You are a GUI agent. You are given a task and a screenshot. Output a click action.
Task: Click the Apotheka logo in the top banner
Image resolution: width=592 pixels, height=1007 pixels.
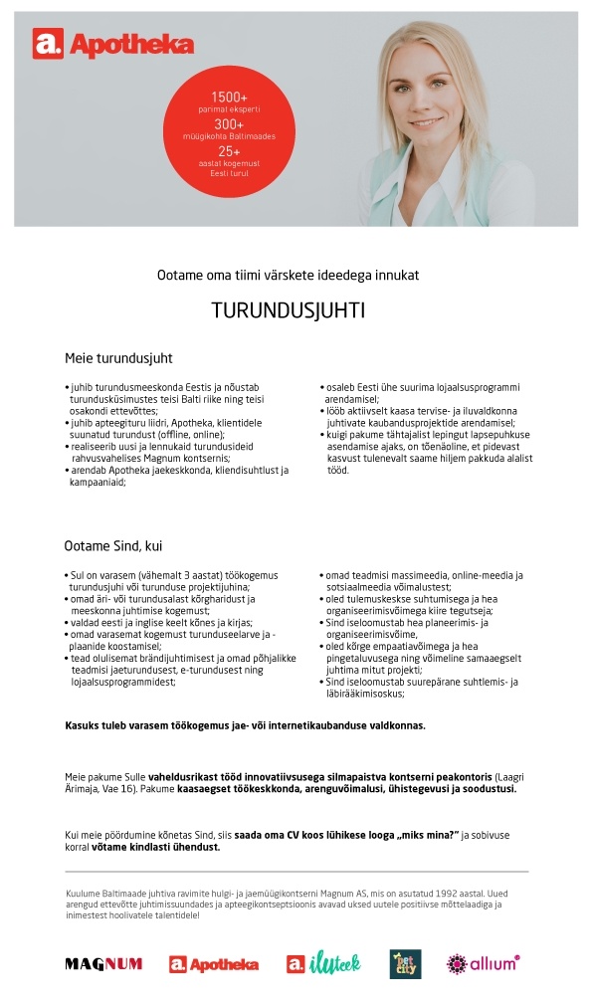(x=112, y=44)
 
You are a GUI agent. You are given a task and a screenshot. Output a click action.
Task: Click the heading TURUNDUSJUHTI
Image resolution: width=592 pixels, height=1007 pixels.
(x=289, y=310)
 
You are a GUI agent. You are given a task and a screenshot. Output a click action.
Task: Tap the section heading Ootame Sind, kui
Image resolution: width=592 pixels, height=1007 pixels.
(x=113, y=545)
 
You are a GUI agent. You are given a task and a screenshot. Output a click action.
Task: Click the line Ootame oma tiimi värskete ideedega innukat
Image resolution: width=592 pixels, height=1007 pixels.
(x=289, y=274)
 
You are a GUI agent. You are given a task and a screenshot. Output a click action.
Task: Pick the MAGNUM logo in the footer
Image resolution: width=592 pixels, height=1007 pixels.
(x=103, y=963)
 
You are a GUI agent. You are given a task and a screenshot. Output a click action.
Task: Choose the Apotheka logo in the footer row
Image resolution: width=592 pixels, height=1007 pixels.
(x=214, y=963)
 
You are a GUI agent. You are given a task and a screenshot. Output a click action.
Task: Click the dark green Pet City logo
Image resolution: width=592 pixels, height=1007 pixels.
(x=404, y=963)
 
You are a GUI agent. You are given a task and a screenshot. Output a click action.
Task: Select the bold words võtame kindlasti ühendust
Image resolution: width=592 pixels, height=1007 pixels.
(x=155, y=848)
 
